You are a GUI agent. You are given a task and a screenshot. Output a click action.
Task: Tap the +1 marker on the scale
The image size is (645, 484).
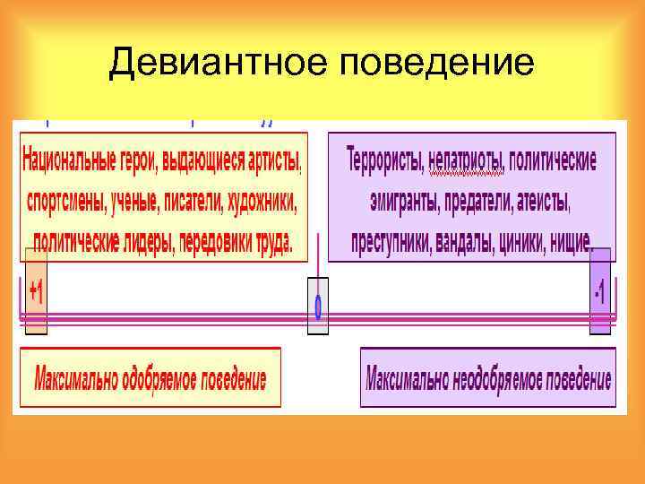tap(36, 291)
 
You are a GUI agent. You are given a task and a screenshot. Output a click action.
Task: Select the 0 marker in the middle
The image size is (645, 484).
tap(318, 306)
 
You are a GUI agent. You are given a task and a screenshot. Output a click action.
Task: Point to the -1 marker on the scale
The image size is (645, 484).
tap(599, 291)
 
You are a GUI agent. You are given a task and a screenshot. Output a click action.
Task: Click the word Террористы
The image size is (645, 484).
tap(385, 160)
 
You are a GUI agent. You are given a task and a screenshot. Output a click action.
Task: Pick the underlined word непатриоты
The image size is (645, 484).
tap(467, 160)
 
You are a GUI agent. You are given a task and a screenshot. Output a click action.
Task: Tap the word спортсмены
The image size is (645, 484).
tap(68, 201)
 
